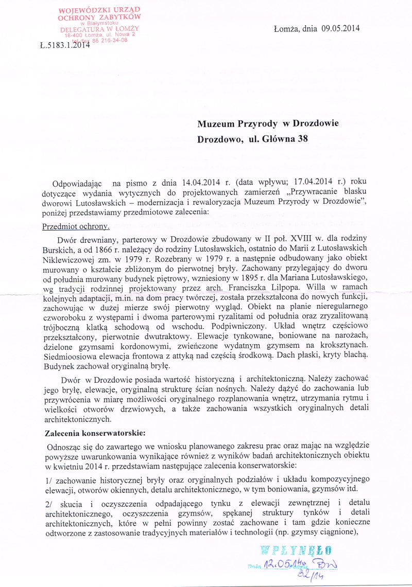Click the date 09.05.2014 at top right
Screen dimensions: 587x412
pos(340,28)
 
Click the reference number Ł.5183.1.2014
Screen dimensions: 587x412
pos(64,45)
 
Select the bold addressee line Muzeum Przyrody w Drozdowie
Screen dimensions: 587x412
pos(268,123)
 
